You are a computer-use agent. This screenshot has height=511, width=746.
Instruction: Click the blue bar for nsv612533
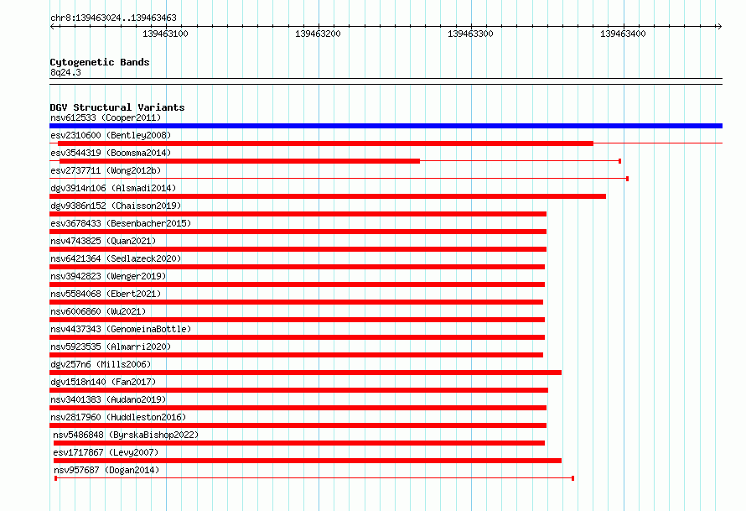pyautogui.click(x=386, y=126)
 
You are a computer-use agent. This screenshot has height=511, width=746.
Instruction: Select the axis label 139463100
pyautogui.click(x=165, y=34)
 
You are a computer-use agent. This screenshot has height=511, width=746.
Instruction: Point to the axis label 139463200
pyautogui.click(x=318, y=34)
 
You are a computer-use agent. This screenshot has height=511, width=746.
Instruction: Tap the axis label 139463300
pyautogui.click(x=470, y=34)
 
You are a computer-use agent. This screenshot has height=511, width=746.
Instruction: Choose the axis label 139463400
pyautogui.click(x=623, y=34)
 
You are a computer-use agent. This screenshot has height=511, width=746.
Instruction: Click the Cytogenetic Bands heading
pyautogui.click(x=100, y=62)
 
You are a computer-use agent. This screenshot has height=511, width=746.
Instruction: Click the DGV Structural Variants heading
pyautogui.click(x=117, y=107)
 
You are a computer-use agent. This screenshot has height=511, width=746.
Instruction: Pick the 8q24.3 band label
pyautogui.click(x=65, y=72)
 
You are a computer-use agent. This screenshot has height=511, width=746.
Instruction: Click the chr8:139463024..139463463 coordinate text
pyautogui.click(x=113, y=18)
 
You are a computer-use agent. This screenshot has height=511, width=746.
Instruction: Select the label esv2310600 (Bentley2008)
pyautogui.click(x=111, y=135)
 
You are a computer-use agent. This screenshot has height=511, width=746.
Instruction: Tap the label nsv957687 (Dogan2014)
pyautogui.click(x=106, y=470)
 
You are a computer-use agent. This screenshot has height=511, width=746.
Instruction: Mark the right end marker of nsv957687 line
pyautogui.click(x=572, y=478)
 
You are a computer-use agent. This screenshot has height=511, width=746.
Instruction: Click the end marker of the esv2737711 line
pyautogui.click(x=628, y=179)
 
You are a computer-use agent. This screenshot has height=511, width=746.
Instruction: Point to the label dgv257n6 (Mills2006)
pyautogui.click(x=101, y=364)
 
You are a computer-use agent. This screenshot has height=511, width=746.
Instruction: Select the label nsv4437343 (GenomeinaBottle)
pyautogui.click(x=121, y=329)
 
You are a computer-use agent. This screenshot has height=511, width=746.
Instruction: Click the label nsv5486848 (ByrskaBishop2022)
pyautogui.click(x=126, y=435)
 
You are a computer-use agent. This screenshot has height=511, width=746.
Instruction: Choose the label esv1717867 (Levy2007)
pyautogui.click(x=106, y=452)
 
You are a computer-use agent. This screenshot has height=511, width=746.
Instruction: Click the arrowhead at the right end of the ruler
pyautogui.click(x=720, y=26)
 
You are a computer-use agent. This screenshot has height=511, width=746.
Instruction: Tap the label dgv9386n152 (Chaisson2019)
pyautogui.click(x=116, y=206)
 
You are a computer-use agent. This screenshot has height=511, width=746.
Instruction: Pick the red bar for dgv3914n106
pyautogui.click(x=328, y=196)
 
